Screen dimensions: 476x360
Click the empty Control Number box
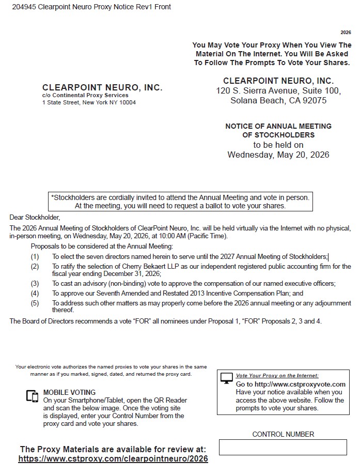tap(283, 447)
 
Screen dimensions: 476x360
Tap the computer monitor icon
tap(227, 379)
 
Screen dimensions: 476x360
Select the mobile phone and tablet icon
tap(33, 396)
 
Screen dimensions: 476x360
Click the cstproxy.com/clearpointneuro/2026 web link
tap(113, 458)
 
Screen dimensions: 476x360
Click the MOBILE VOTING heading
tap(69, 392)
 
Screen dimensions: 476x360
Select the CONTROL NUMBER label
tap(283, 434)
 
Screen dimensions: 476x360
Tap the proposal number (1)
tap(35, 256)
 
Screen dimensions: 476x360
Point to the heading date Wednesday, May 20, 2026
tap(278, 155)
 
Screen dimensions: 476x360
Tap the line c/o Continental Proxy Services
tap(85, 95)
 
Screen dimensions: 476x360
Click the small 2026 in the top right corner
tap(346, 33)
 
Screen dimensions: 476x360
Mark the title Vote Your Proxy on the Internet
tap(277, 376)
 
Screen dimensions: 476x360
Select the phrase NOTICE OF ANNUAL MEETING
tap(278, 126)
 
